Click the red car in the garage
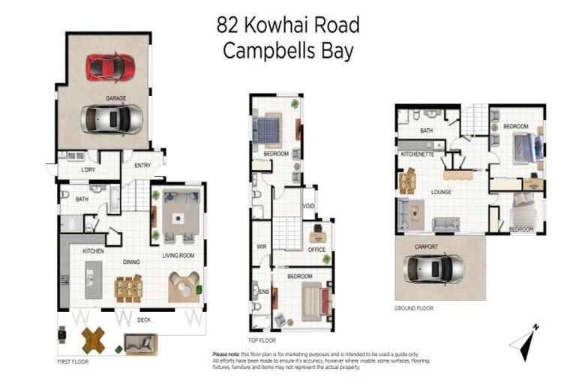[110, 67]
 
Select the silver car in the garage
[112, 118]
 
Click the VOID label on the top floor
[308, 206]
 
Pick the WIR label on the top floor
[262, 244]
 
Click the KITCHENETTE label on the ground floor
[418, 154]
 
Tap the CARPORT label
[425, 246]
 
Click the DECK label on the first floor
[144, 319]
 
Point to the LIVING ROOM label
[178, 256]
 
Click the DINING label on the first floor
[132, 262]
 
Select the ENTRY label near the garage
[142, 166]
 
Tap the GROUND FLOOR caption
[414, 308]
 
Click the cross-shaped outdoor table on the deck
[93, 340]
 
